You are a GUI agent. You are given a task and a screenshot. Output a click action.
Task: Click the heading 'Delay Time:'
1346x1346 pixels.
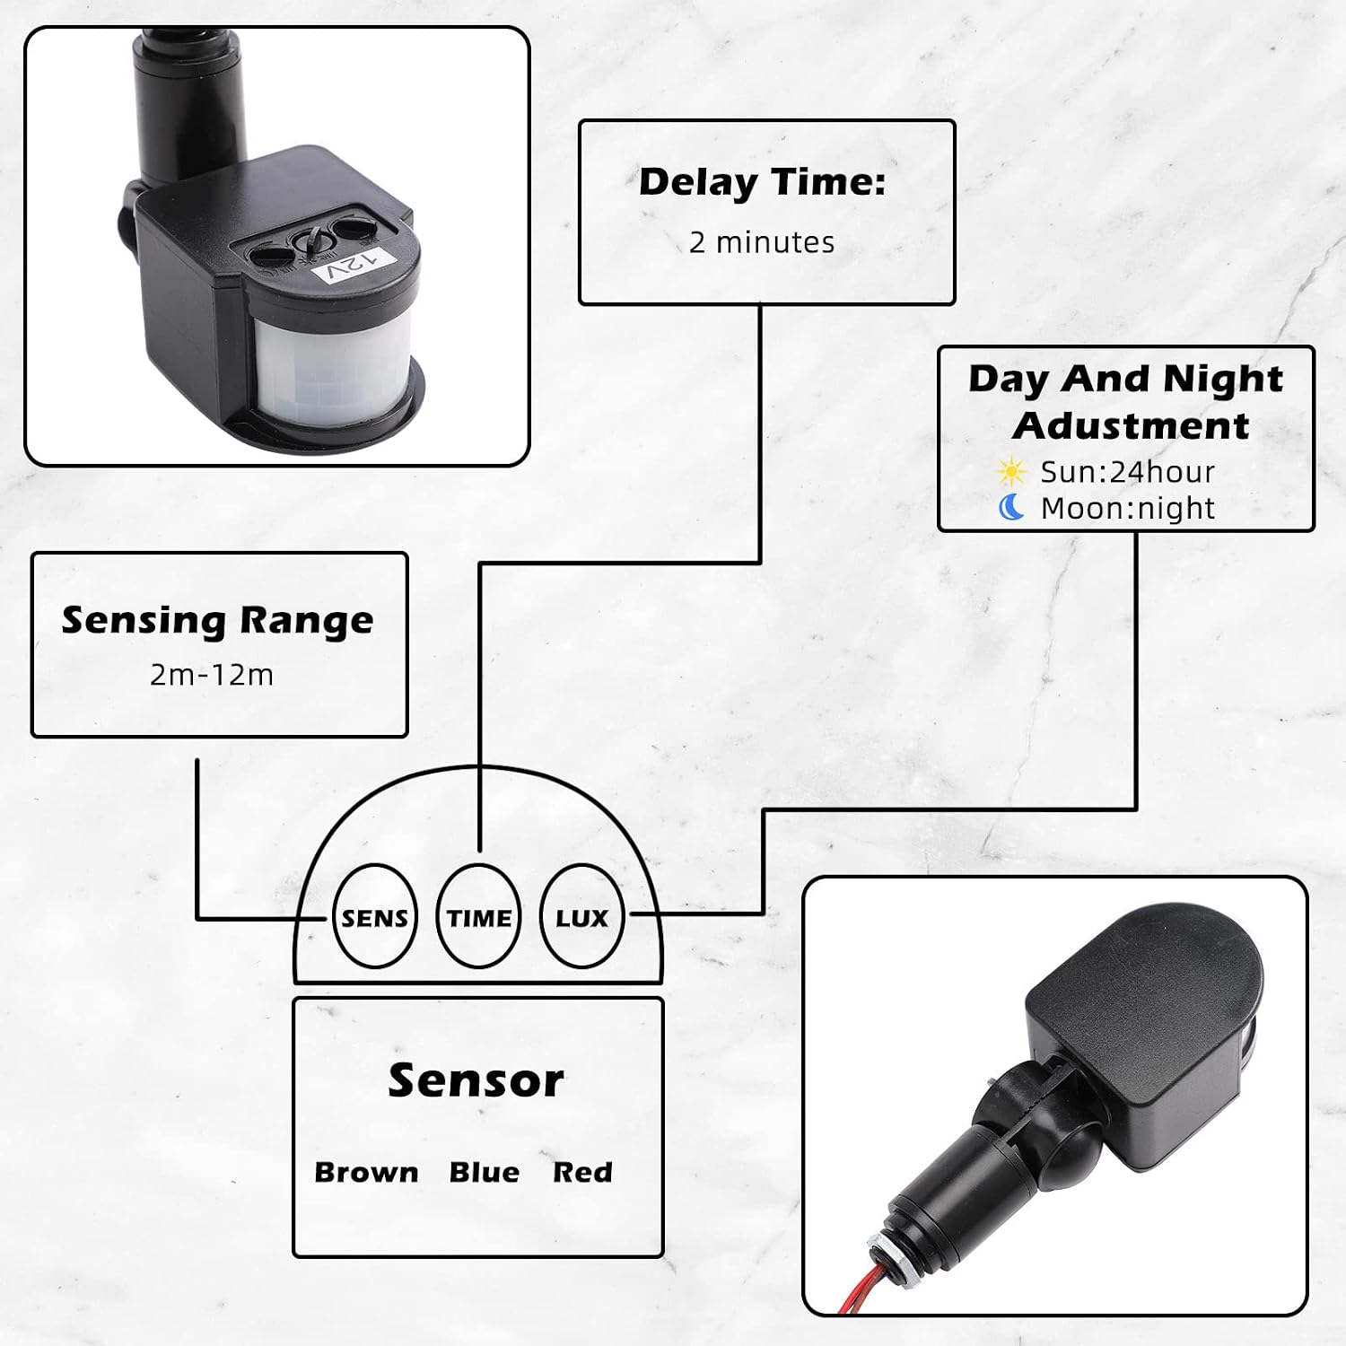pyautogui.click(x=763, y=182)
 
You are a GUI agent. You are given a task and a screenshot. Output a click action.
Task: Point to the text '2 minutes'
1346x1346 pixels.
pyautogui.click(x=762, y=242)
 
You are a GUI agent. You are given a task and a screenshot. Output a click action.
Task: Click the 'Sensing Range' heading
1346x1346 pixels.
pyautogui.click(x=217, y=620)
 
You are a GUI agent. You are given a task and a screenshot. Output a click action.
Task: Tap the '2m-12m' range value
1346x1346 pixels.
pyautogui.click(x=212, y=675)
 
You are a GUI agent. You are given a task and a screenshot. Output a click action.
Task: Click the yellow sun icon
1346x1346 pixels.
pyautogui.click(x=1011, y=472)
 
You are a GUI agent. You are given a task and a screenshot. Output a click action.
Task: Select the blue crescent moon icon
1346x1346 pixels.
pyautogui.click(x=1011, y=508)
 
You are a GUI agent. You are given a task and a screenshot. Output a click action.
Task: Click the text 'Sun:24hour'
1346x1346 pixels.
pyautogui.click(x=1127, y=472)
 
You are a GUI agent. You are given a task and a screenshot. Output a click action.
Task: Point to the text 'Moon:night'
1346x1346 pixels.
pyautogui.click(x=1127, y=509)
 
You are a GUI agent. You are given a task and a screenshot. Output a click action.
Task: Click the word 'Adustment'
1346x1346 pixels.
pyautogui.click(x=1131, y=425)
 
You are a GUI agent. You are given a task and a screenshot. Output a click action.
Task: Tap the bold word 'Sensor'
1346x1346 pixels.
pyautogui.click(x=476, y=1080)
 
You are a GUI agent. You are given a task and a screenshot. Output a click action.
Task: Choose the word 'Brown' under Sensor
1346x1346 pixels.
pyautogui.click(x=366, y=1172)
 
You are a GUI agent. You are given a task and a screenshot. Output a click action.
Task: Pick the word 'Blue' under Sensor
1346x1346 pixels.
pyautogui.click(x=485, y=1172)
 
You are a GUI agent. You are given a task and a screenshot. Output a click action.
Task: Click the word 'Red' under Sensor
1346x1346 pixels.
pyautogui.click(x=582, y=1172)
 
